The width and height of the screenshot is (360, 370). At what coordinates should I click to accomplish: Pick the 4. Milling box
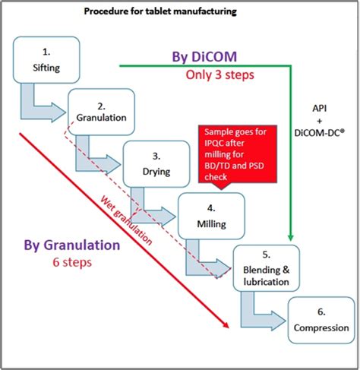coord(211,216)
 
